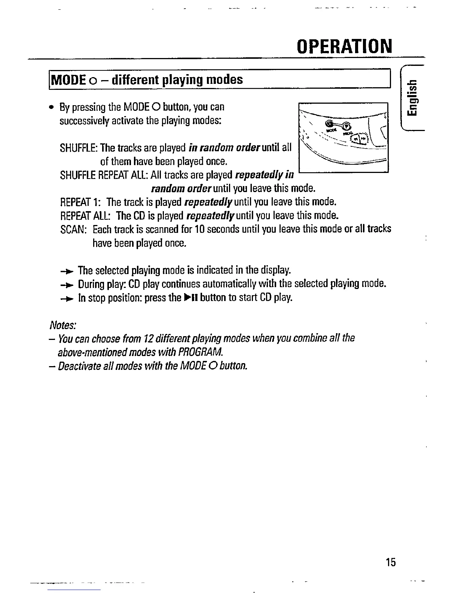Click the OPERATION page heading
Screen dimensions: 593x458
click(x=344, y=46)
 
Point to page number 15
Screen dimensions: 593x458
click(x=391, y=562)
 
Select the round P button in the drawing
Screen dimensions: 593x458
click(x=346, y=126)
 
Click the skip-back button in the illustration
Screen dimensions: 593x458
click(x=356, y=140)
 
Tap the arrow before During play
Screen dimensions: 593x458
click(x=68, y=285)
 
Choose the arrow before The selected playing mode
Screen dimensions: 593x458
click(x=68, y=271)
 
